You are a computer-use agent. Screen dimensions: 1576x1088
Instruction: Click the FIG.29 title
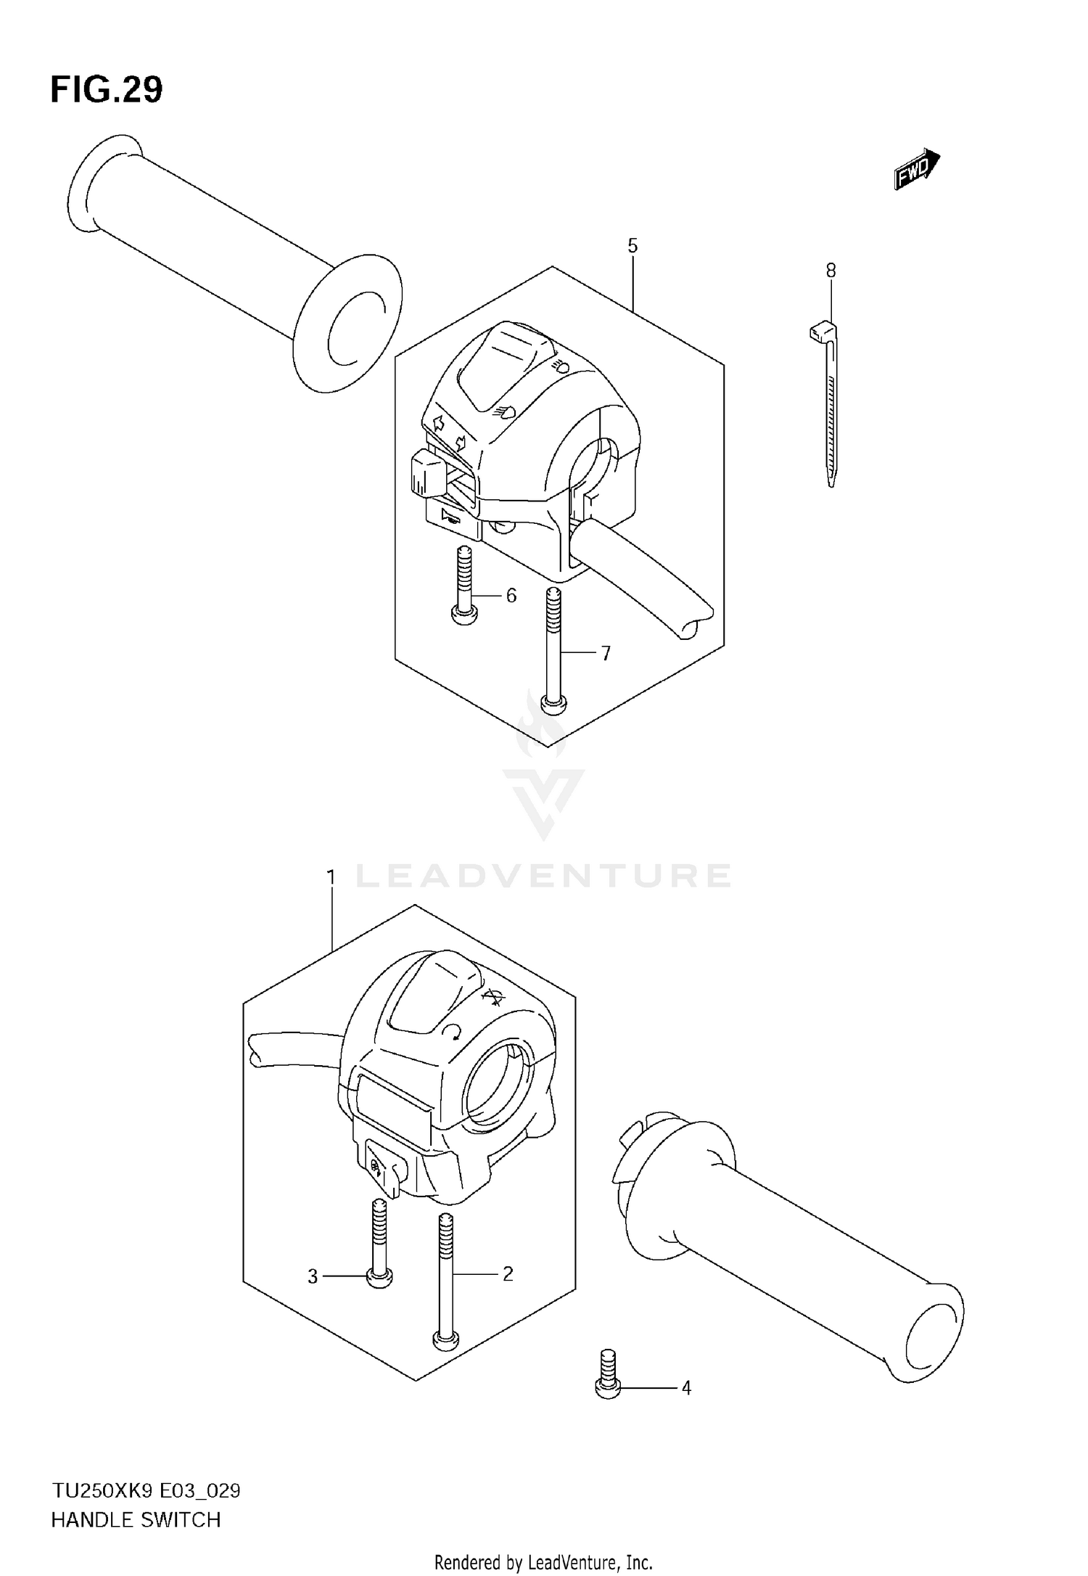pos(107,90)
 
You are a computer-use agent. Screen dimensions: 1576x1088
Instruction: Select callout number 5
pos(632,246)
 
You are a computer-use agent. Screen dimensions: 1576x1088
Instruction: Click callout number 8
pos(831,271)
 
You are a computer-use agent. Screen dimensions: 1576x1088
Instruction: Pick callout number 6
pos(511,596)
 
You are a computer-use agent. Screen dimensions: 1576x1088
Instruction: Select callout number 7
pos(606,653)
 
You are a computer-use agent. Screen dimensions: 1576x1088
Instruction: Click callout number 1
pos(331,878)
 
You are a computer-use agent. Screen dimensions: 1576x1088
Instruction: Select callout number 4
pos(685,1388)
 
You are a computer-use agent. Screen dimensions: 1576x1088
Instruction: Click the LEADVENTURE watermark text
pos(543,876)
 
